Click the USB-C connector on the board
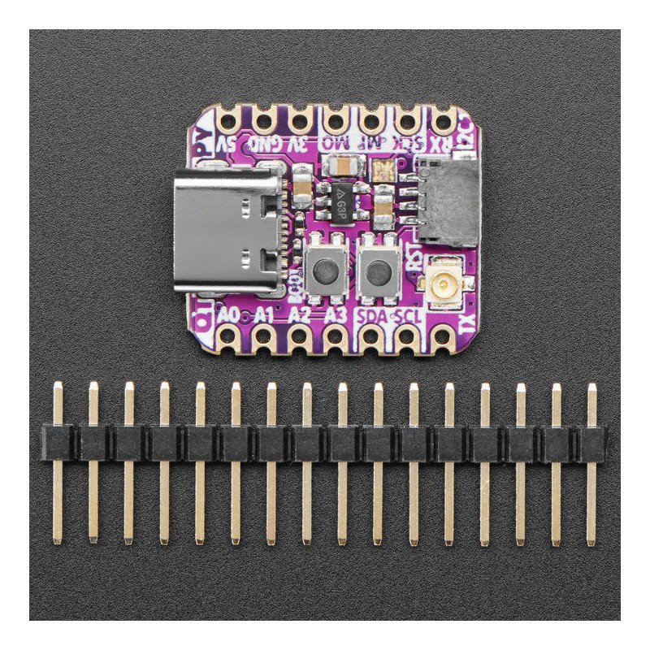225,231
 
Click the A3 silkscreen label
336,314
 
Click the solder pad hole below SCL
407,336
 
